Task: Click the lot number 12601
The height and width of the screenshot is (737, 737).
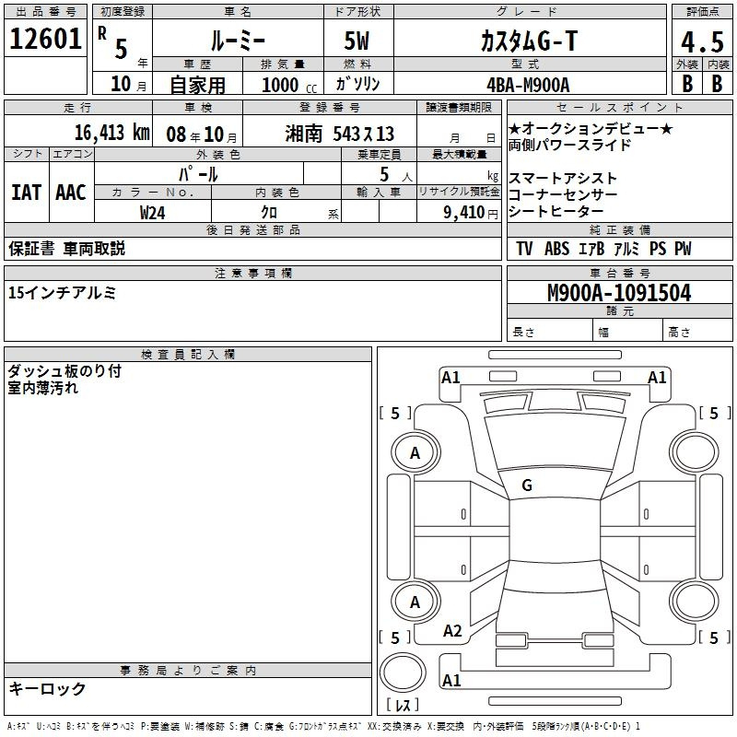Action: [45, 39]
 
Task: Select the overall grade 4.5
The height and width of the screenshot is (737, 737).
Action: [702, 41]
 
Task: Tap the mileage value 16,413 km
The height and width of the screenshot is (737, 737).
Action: [111, 133]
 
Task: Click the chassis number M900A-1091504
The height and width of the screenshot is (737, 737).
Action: [619, 293]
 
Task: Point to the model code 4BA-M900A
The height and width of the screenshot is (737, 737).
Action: [528, 85]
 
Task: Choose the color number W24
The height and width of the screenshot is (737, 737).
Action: [152, 213]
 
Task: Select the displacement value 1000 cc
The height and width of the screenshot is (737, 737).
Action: [289, 85]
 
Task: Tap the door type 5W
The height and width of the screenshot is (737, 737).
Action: [357, 41]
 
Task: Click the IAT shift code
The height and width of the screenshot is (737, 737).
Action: [27, 193]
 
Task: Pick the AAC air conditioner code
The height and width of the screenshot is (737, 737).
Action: [71, 193]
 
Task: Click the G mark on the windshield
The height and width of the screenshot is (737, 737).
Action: [527, 485]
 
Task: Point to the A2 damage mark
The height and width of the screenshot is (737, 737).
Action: [452, 631]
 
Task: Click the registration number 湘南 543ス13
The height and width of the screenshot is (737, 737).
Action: [339, 134]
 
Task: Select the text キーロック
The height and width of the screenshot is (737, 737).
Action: [47, 688]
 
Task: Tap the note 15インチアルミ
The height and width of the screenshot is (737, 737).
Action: [62, 293]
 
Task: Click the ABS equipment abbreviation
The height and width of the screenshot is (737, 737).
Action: [557, 249]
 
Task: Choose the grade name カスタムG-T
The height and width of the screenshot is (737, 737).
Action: [529, 41]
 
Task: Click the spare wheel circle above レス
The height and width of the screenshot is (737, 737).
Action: [403, 673]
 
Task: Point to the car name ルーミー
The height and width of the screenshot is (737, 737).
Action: [238, 41]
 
